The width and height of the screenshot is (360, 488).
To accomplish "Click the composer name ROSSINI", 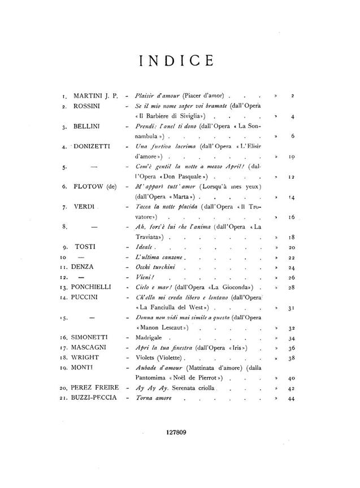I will click(89, 106).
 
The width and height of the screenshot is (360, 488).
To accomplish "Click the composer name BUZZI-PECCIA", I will click(95, 398).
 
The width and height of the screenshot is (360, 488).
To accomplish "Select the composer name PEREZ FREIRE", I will click(96, 388).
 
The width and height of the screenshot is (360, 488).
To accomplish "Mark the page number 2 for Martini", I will click(293, 96).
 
